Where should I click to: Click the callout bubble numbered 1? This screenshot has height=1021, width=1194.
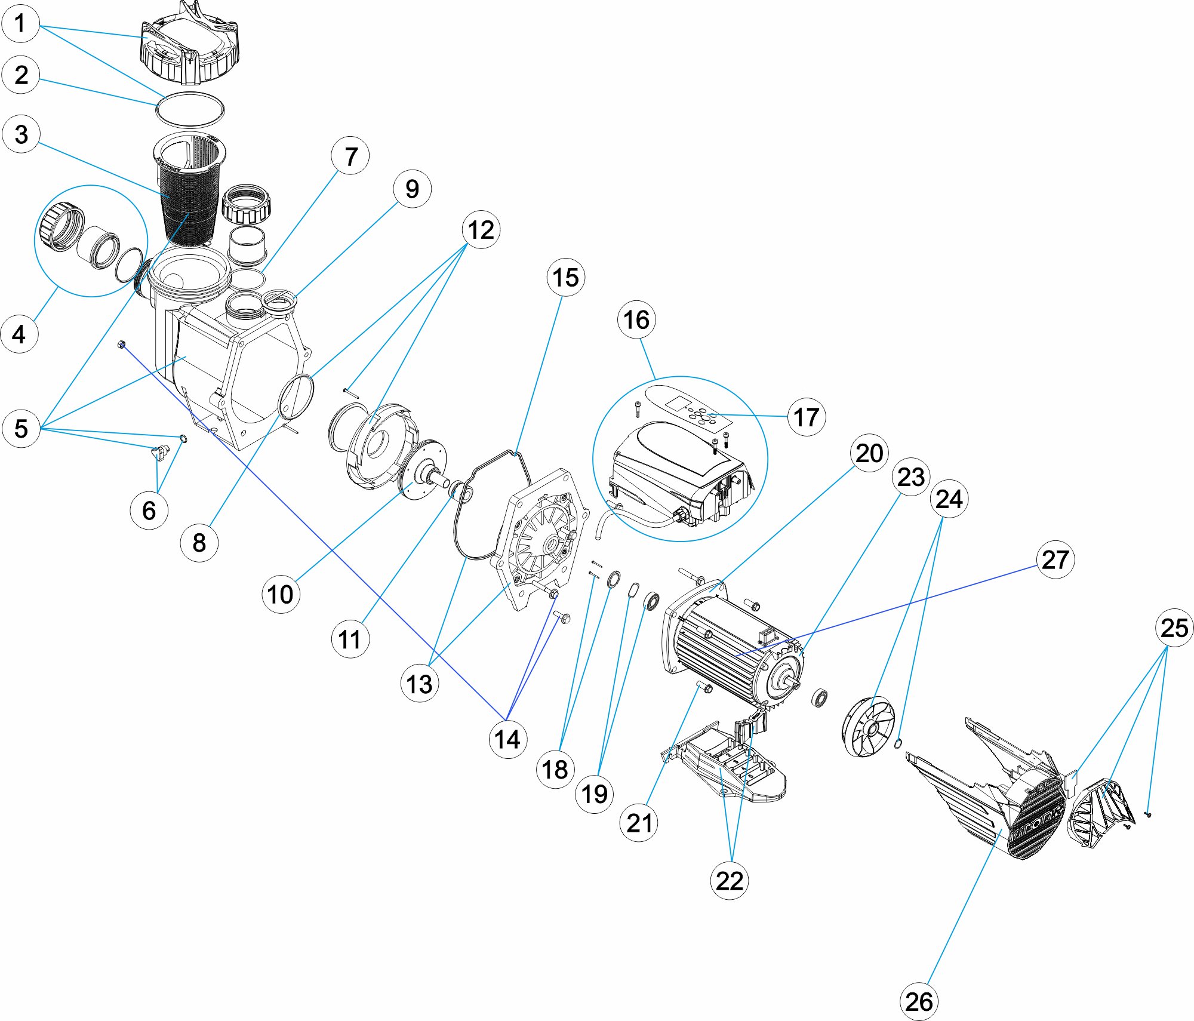[x=20, y=24]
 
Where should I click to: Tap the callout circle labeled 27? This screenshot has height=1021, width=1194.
[x=1055, y=559]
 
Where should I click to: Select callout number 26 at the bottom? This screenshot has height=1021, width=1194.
[x=918, y=1001]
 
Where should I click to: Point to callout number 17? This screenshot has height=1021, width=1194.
[x=806, y=417]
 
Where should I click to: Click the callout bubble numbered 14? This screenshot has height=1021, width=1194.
[x=507, y=739]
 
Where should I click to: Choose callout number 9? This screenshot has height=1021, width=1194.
[x=412, y=189]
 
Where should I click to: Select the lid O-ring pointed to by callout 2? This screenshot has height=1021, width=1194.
[x=190, y=110]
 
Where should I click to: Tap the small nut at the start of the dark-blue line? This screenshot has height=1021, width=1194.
[x=121, y=345]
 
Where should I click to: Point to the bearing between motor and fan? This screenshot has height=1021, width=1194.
[x=820, y=697]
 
